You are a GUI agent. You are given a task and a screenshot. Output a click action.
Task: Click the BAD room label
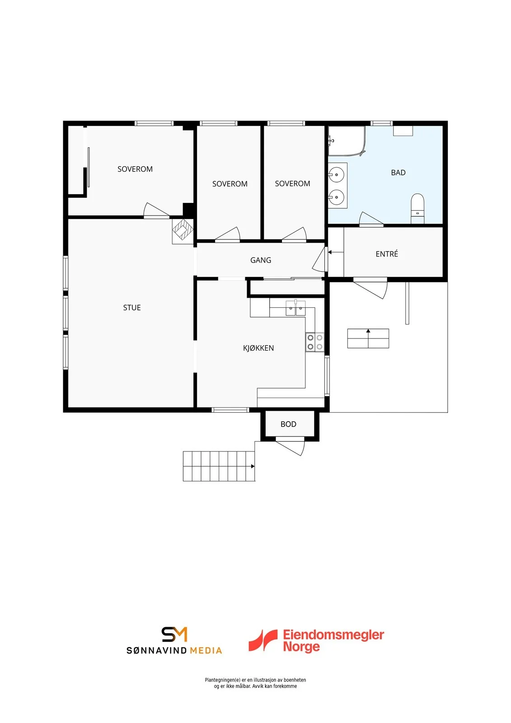point(398,173)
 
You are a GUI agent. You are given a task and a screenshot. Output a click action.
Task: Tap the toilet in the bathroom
point(417,208)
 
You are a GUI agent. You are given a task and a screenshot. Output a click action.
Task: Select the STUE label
point(132,308)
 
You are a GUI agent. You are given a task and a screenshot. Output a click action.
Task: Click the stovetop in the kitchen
point(315,342)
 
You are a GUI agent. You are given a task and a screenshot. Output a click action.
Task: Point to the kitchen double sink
point(295,308)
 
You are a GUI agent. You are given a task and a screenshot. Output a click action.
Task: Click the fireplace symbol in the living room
point(183,231)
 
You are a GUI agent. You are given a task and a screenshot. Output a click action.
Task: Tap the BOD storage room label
point(288,424)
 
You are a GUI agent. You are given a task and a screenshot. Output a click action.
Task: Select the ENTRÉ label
point(387,254)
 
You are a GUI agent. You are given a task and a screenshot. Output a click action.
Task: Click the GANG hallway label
point(261,260)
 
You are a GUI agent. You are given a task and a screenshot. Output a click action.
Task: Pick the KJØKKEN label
point(258,348)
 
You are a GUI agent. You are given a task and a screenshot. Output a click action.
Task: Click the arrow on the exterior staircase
point(253,466)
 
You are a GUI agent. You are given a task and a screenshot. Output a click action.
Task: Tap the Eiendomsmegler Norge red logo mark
point(263,640)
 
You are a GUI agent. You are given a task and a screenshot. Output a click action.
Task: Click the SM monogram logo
point(174,634)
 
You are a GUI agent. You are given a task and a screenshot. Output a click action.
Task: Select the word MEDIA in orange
point(206,650)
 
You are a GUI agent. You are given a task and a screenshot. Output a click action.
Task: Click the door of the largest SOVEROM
point(157,210)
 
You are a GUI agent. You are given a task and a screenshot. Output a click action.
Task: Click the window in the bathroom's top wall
point(381,123)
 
